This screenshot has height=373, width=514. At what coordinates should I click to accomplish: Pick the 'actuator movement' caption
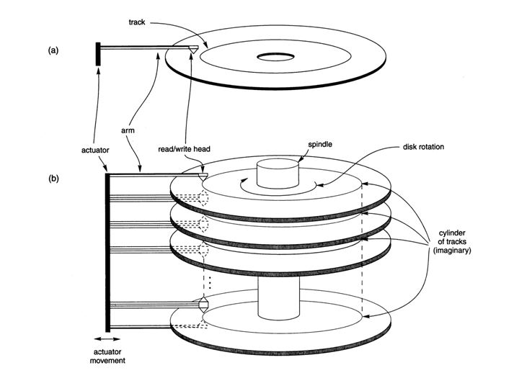point(107,352)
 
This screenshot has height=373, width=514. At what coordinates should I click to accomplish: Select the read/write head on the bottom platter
point(204,304)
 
